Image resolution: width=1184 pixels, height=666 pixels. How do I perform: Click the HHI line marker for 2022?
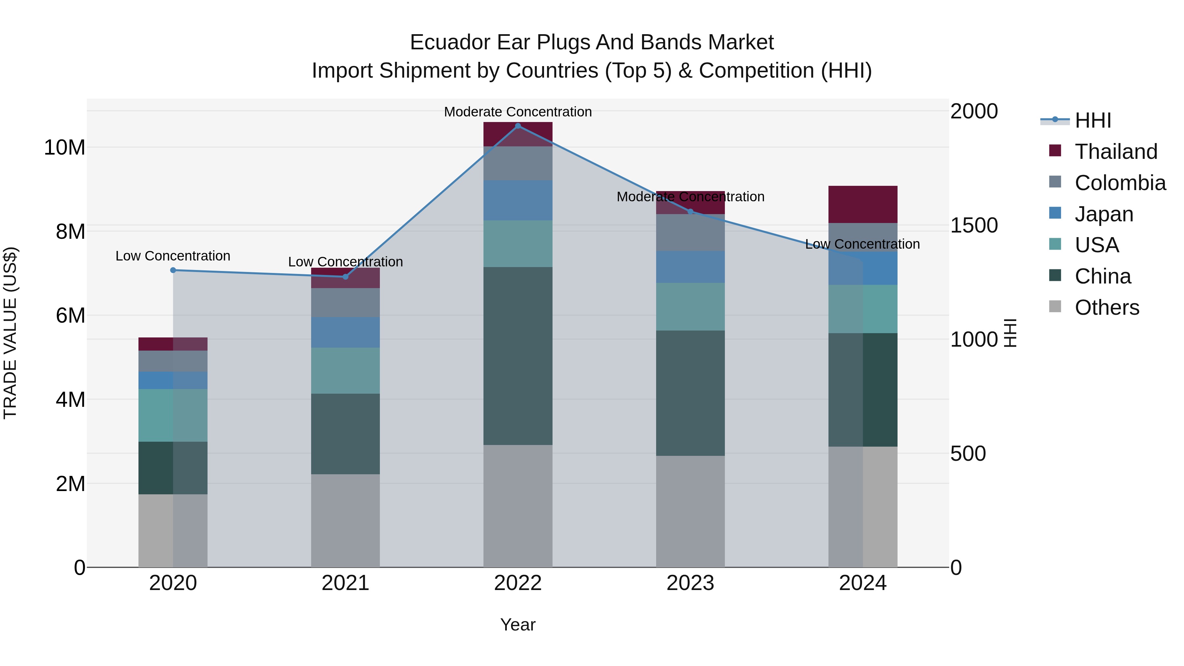pos(518,126)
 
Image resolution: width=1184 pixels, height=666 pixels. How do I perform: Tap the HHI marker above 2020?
pos(173,270)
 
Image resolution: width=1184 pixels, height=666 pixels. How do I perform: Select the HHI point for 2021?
pos(346,277)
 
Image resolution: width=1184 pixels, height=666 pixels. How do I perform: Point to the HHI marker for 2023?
pos(690,211)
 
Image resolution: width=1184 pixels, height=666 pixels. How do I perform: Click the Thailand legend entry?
pos(1116,152)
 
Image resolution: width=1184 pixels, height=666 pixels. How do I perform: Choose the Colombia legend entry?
pos(1120,183)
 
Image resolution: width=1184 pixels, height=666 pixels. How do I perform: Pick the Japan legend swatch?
pos(1055,213)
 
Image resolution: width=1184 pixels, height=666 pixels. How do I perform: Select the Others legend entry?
pos(1106,308)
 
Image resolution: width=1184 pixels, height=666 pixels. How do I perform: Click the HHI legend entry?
pos(1093,120)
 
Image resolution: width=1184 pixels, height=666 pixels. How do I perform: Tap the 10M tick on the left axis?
pos(64,148)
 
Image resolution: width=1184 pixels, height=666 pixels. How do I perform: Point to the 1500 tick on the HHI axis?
pos(974,225)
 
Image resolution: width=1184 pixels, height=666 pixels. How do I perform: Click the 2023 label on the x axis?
pos(690,583)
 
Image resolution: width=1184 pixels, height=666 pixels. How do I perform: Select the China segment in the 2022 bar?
pos(518,356)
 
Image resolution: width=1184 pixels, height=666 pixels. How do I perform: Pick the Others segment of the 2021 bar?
pos(346,520)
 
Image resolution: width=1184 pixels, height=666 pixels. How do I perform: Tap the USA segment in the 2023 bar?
pos(690,307)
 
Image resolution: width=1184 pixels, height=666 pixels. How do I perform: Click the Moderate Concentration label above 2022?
pos(518,112)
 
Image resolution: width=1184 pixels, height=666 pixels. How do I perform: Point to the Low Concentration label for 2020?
pos(173,256)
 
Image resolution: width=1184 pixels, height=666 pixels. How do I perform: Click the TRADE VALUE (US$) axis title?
pos(10,333)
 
